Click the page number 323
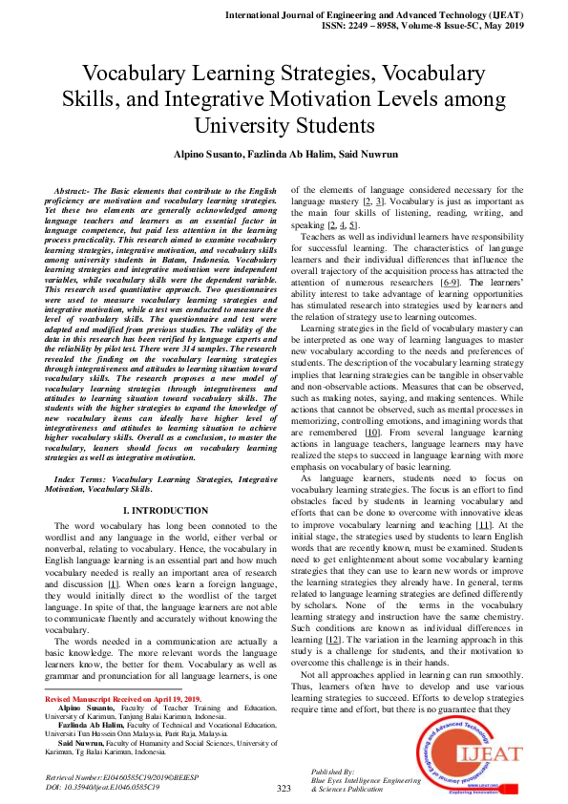(x=284, y=788)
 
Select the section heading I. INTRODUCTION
(x=153, y=511)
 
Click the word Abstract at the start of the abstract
(x=77, y=192)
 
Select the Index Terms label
(x=80, y=476)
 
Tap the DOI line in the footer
(x=103, y=787)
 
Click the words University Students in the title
(x=284, y=125)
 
